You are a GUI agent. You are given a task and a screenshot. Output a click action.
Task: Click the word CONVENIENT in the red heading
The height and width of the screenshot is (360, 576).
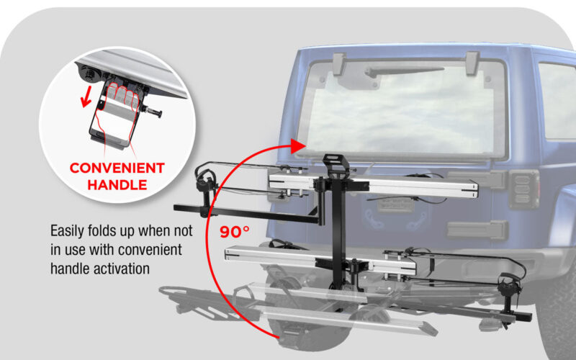point(117,168)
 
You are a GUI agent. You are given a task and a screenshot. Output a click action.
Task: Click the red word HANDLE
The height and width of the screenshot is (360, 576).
point(117,185)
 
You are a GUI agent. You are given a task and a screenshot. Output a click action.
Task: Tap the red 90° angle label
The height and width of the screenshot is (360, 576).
point(235,232)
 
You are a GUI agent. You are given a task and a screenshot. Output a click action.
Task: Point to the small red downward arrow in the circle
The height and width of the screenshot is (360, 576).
point(86,98)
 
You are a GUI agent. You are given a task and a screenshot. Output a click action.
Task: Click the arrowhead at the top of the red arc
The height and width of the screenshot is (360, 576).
point(298,146)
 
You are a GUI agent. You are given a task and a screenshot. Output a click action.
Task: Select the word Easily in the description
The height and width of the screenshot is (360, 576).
point(67,231)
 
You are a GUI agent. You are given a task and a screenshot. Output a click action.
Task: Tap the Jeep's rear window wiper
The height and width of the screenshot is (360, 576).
point(404,71)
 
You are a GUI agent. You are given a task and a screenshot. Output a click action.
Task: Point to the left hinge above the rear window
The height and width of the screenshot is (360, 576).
point(339,64)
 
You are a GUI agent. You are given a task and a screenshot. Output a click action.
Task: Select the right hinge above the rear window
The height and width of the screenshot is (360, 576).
point(472,63)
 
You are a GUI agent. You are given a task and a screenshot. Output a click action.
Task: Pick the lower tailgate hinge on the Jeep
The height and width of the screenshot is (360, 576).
point(477,230)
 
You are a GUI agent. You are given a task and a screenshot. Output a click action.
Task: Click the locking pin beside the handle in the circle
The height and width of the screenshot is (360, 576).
point(153,112)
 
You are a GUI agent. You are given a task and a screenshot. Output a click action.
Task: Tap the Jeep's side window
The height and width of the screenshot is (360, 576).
point(557,100)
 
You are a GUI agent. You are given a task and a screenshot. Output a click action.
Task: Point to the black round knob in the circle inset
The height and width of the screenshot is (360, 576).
point(89,74)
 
